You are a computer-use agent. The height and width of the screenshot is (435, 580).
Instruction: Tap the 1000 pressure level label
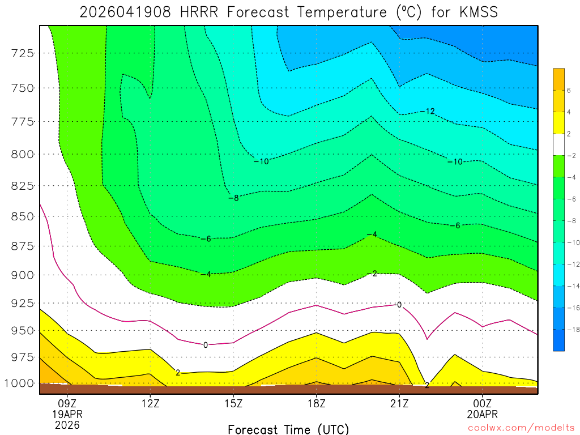[19, 383]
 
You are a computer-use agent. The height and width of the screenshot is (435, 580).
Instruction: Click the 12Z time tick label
[150, 404]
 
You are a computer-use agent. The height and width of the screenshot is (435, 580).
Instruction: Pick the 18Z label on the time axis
[316, 404]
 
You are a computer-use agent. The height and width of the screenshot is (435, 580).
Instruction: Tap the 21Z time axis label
[399, 404]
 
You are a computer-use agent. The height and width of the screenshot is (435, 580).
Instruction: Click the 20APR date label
[482, 415]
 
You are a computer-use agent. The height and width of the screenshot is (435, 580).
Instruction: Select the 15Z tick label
[233, 404]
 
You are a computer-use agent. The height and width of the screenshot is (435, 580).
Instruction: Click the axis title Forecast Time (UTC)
[288, 429]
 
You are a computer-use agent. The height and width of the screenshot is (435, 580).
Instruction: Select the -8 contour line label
[233, 198]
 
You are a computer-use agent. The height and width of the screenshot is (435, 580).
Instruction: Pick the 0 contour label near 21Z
[399, 305]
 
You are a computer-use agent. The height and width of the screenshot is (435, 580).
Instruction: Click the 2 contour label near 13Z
[178, 373]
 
